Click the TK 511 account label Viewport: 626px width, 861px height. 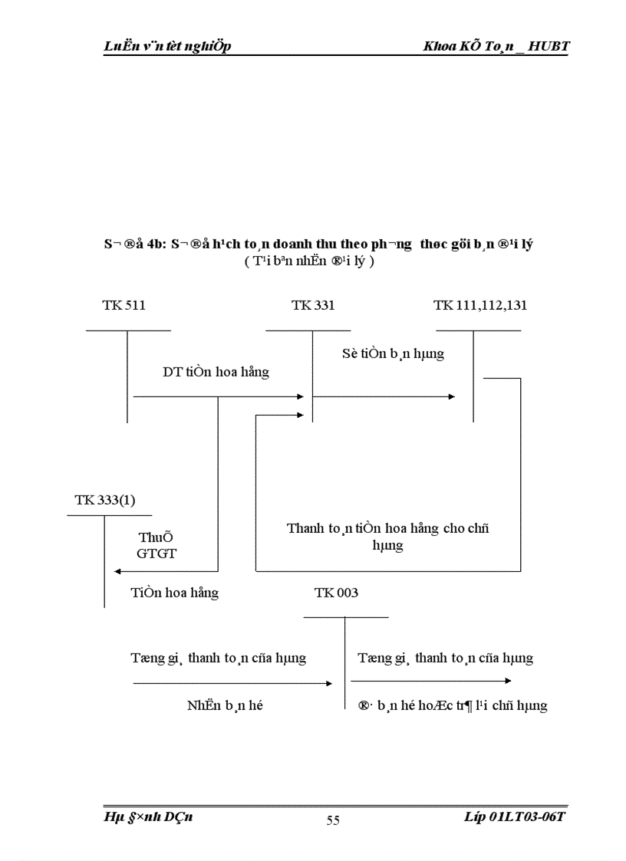(x=124, y=305)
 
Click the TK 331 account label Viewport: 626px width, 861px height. (x=312, y=305)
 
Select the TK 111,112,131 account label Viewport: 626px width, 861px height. (x=479, y=305)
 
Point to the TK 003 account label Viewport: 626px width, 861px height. (x=336, y=593)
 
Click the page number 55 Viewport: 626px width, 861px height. (x=333, y=820)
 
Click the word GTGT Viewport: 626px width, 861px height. (x=156, y=553)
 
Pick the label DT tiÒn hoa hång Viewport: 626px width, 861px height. (x=216, y=372)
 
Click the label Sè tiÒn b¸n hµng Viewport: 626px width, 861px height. (x=393, y=353)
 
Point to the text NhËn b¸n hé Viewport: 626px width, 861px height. (x=225, y=705)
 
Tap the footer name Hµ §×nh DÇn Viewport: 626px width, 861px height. (x=148, y=817)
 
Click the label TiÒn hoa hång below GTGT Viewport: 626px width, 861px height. (x=174, y=592)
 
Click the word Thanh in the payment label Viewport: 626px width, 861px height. (x=305, y=528)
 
